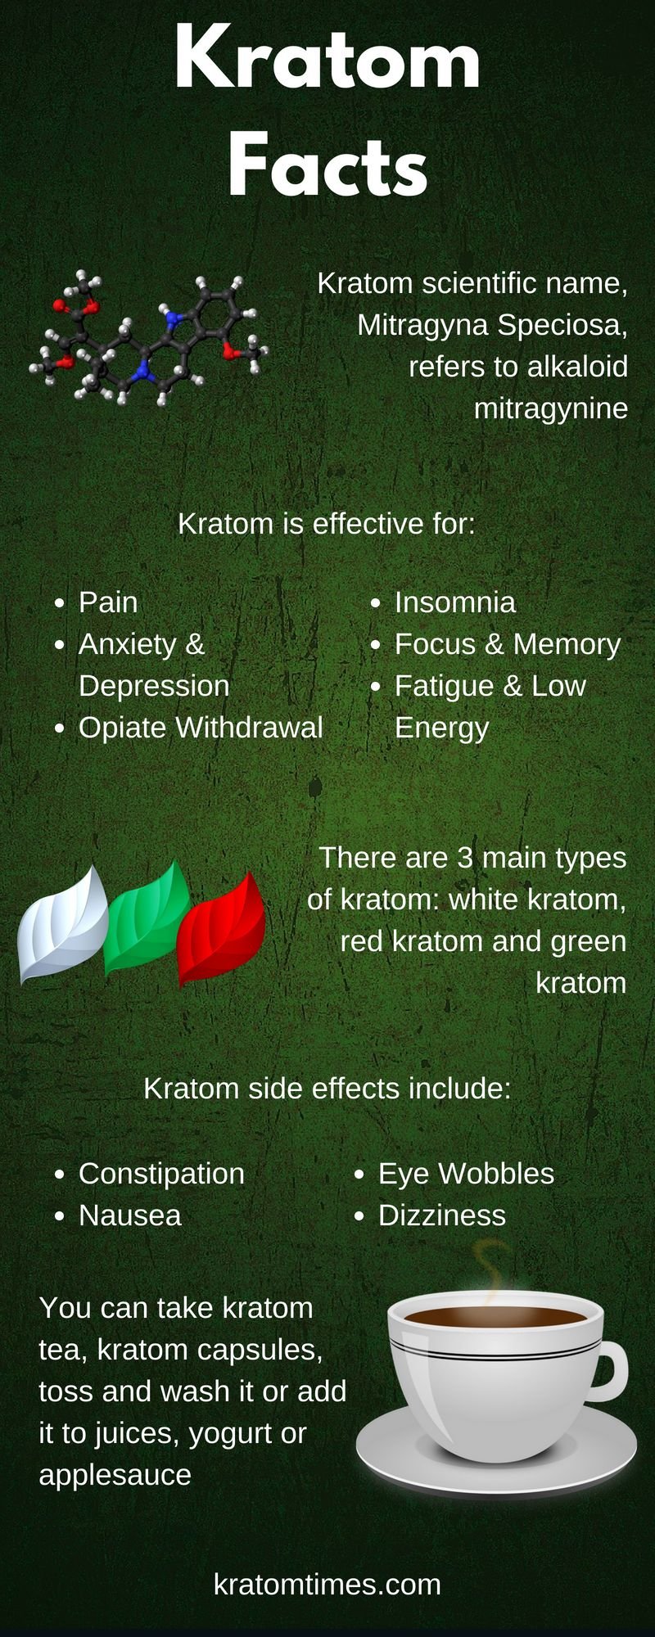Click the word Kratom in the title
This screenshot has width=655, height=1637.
click(327, 59)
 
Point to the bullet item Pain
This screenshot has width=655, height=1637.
click(108, 602)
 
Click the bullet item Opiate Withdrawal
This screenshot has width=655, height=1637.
click(201, 728)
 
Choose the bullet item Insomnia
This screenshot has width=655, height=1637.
click(455, 602)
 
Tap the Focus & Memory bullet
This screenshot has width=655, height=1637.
click(508, 644)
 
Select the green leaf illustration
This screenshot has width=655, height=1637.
click(147, 918)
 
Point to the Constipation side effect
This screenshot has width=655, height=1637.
click(161, 1174)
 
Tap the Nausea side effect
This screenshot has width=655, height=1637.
click(130, 1215)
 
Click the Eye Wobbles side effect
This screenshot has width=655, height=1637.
click(466, 1174)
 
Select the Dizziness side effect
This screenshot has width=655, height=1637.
click(442, 1215)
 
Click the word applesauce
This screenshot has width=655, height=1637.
click(115, 1475)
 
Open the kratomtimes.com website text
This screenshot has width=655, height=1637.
click(327, 1584)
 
